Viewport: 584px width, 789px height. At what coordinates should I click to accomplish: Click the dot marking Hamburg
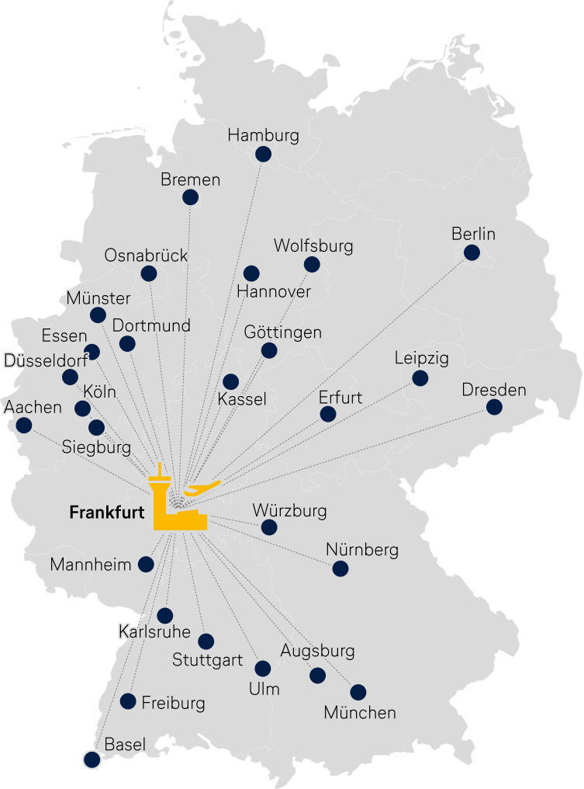coord(264,154)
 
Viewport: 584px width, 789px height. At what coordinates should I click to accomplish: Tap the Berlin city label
coord(473,234)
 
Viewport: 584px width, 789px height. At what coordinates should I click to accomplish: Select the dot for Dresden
coord(494,407)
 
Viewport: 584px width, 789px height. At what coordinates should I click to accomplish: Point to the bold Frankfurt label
coord(107,513)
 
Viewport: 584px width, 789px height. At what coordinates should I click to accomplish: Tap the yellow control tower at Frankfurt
coord(161,498)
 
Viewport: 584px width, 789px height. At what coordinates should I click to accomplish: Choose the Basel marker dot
coord(92,760)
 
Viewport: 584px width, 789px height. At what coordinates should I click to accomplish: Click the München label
coord(360,712)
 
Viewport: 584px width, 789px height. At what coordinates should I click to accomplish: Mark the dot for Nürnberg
coord(340,568)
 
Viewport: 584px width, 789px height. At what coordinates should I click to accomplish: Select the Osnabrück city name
coord(146,255)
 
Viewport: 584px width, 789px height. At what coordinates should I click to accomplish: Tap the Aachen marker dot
coord(24,425)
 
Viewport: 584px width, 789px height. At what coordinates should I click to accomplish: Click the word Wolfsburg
coord(313,246)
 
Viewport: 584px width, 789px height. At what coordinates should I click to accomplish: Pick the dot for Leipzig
coord(420,378)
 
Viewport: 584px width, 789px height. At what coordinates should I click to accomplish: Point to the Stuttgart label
coord(207,661)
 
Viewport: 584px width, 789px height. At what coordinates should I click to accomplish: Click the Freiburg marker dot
coord(128,701)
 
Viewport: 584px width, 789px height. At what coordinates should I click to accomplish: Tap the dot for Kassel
coord(230,382)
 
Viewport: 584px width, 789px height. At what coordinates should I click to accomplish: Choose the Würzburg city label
coord(289,511)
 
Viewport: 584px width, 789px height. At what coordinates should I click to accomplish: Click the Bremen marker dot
coord(190,197)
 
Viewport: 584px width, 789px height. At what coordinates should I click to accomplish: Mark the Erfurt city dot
coord(328,414)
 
